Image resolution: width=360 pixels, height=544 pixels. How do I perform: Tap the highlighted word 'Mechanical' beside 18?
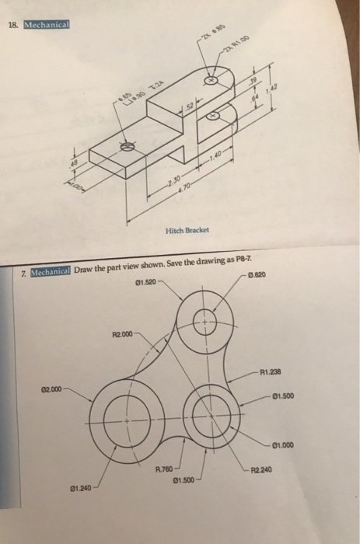click(47, 23)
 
